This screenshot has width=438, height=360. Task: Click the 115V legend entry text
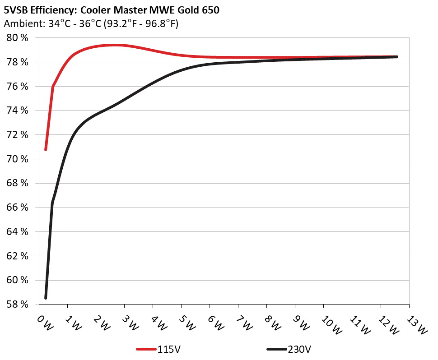click(169, 349)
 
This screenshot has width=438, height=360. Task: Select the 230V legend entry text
click(298, 349)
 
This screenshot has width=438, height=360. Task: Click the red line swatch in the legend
click(147, 349)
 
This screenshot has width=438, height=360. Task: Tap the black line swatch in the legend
click(277, 349)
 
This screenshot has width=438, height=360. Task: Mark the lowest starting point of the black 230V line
click(46, 298)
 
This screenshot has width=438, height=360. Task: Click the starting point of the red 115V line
click(46, 149)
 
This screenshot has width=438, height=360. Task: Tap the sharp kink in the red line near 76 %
click(53, 87)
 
